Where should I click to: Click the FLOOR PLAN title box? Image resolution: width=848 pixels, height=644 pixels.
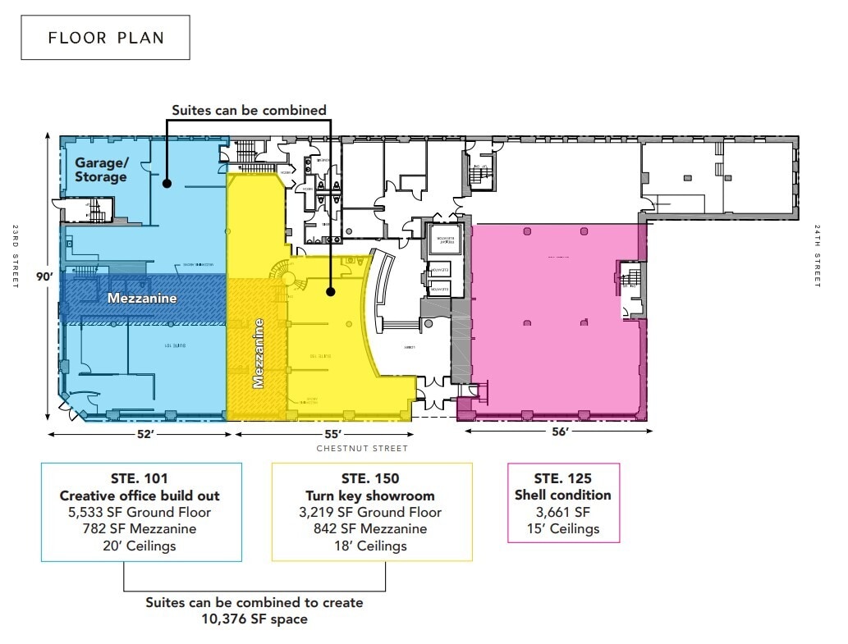[x=105, y=38]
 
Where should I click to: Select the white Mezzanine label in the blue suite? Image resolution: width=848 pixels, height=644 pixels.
[x=142, y=299]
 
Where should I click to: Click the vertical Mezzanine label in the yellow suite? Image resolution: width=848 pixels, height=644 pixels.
[x=259, y=354]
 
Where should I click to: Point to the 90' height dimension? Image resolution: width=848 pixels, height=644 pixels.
[x=44, y=276]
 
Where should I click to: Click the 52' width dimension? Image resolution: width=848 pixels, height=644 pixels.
[x=145, y=433]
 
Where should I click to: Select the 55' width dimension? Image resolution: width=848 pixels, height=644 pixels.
[x=332, y=433]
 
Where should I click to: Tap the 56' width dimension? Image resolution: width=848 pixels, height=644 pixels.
[x=560, y=432]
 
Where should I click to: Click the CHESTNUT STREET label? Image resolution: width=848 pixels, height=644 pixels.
[x=362, y=449]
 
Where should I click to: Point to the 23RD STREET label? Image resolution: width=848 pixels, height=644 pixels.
[x=16, y=256]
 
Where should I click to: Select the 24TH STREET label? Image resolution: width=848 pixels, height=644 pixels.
[x=818, y=256]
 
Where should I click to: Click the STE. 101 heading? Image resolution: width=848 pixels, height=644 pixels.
[x=140, y=479]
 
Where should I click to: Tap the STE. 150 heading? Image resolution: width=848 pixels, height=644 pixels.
[x=372, y=479]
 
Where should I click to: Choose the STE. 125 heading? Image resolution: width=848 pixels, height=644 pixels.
[x=562, y=478]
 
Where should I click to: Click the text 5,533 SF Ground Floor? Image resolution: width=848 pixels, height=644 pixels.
[x=140, y=513]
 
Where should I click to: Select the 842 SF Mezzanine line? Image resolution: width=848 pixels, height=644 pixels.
[x=372, y=529]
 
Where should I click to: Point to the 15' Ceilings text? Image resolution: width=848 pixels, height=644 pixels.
[x=562, y=528]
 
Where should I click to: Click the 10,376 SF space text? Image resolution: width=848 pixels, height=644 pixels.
[x=254, y=619]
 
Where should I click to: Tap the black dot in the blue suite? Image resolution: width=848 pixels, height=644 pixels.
[x=167, y=184]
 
